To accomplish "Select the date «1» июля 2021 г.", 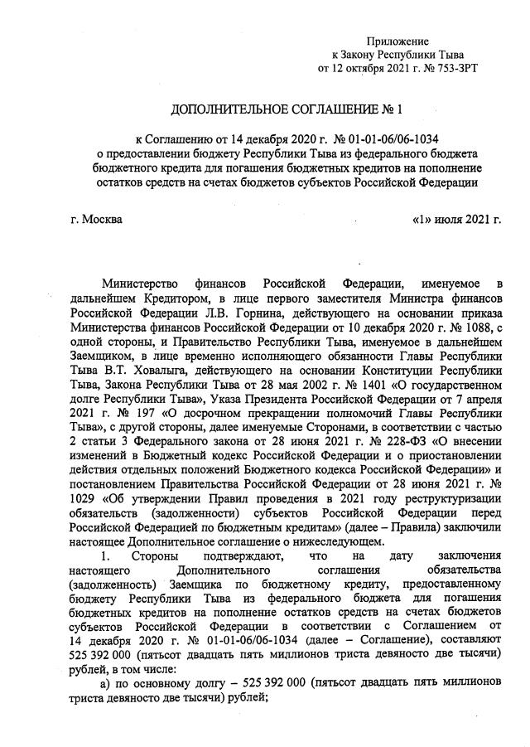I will (456, 220).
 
